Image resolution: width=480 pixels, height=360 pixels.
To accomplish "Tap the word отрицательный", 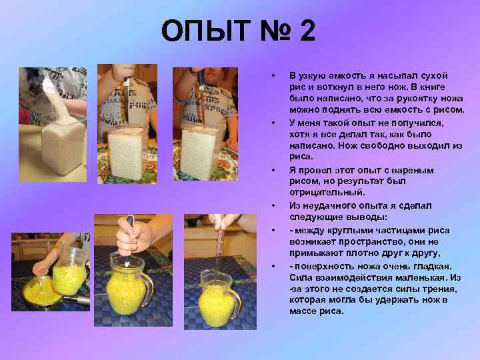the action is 327,193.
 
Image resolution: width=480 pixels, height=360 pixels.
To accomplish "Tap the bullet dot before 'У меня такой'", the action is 273,123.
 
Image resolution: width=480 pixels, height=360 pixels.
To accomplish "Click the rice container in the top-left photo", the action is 63,146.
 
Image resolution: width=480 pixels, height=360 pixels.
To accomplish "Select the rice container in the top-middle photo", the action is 126,153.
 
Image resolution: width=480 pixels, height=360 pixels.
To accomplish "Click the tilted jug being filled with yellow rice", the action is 70,271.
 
